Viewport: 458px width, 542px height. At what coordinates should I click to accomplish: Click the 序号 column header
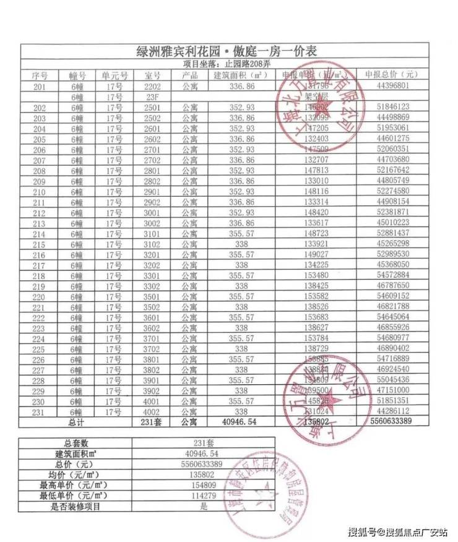pos(39,75)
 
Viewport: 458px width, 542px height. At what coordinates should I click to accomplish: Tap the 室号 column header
pos(152,75)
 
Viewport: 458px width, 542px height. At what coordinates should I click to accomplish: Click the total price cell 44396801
pos(392,86)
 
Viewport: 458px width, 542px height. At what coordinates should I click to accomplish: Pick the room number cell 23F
pos(152,97)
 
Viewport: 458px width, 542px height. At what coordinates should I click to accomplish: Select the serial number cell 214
pos(39,233)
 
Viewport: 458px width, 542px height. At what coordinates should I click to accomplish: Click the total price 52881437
pos(392,233)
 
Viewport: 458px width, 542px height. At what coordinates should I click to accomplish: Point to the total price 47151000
pos(392,390)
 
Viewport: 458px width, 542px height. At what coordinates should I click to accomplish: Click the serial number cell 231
pos(39,411)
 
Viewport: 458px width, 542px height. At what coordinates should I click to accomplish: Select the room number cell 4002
pos(152,411)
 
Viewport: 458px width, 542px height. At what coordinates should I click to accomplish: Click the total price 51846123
pos(392,107)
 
